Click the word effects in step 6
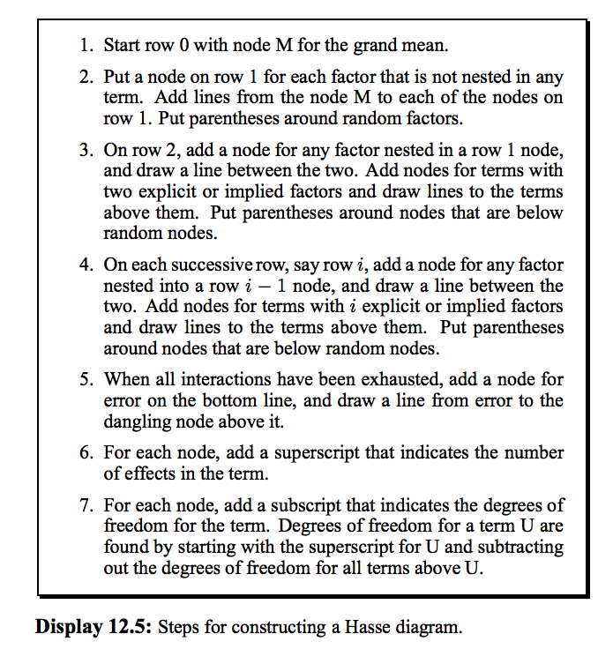159,474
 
